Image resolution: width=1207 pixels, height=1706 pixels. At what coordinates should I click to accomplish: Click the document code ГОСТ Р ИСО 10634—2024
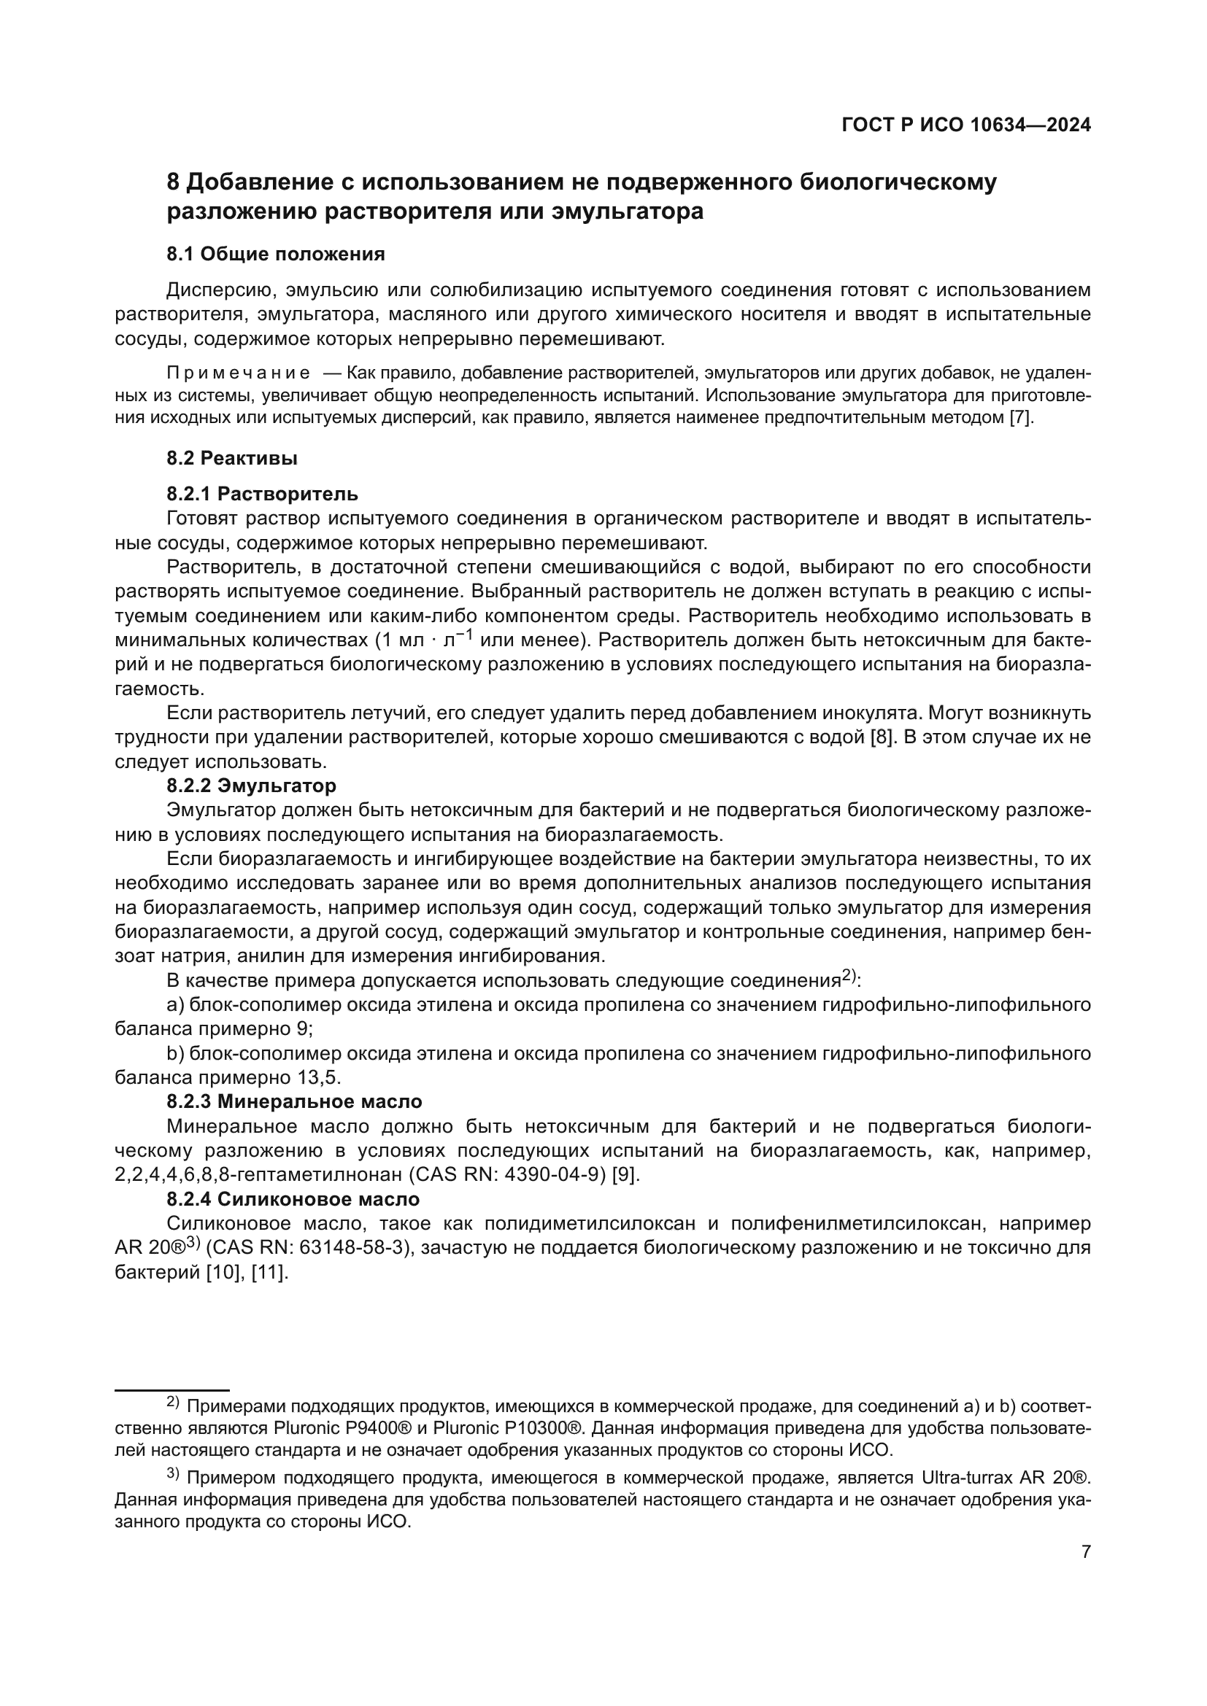[x=965, y=125]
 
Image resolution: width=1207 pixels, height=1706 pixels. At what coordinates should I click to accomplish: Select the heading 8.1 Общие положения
[x=276, y=254]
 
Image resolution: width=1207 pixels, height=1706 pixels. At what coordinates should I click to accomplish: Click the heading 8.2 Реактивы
[x=232, y=459]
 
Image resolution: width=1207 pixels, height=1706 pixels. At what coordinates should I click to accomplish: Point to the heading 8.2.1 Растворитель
[x=263, y=493]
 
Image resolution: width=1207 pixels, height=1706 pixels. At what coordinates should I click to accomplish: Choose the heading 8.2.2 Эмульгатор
[x=251, y=786]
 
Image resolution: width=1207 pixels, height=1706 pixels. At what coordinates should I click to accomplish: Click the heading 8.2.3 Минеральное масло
[x=294, y=1101]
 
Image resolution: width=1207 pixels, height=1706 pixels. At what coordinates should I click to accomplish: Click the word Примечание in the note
[x=239, y=371]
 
